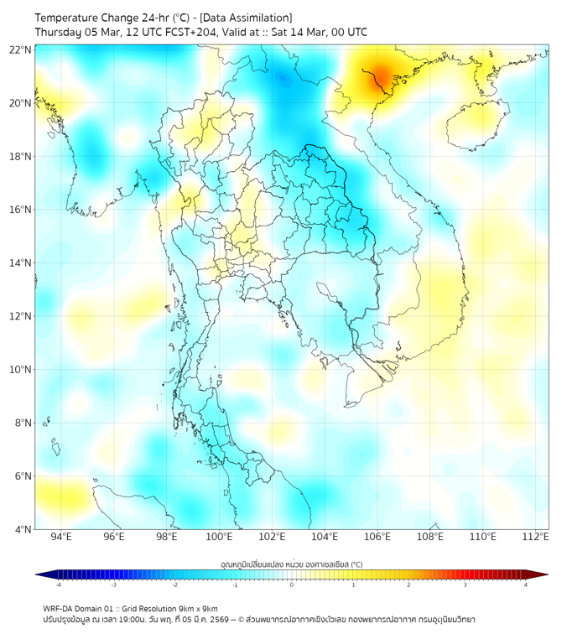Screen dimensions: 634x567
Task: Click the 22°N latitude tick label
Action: click(21, 49)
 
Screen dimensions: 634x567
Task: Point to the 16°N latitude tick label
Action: click(21, 210)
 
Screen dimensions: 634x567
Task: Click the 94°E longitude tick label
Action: click(61, 538)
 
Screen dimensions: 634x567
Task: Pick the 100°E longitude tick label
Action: click(219, 538)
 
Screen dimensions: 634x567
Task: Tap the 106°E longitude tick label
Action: click(377, 538)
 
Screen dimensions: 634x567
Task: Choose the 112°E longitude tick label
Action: click(535, 538)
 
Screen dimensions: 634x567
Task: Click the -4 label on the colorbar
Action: click(58, 585)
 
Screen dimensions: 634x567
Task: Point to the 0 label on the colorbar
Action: click(292, 585)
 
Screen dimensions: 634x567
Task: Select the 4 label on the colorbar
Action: click(525, 585)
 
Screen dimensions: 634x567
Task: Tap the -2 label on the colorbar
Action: click(174, 585)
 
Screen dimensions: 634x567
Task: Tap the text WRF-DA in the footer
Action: click(58, 608)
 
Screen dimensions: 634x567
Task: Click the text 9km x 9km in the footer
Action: click(195, 608)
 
